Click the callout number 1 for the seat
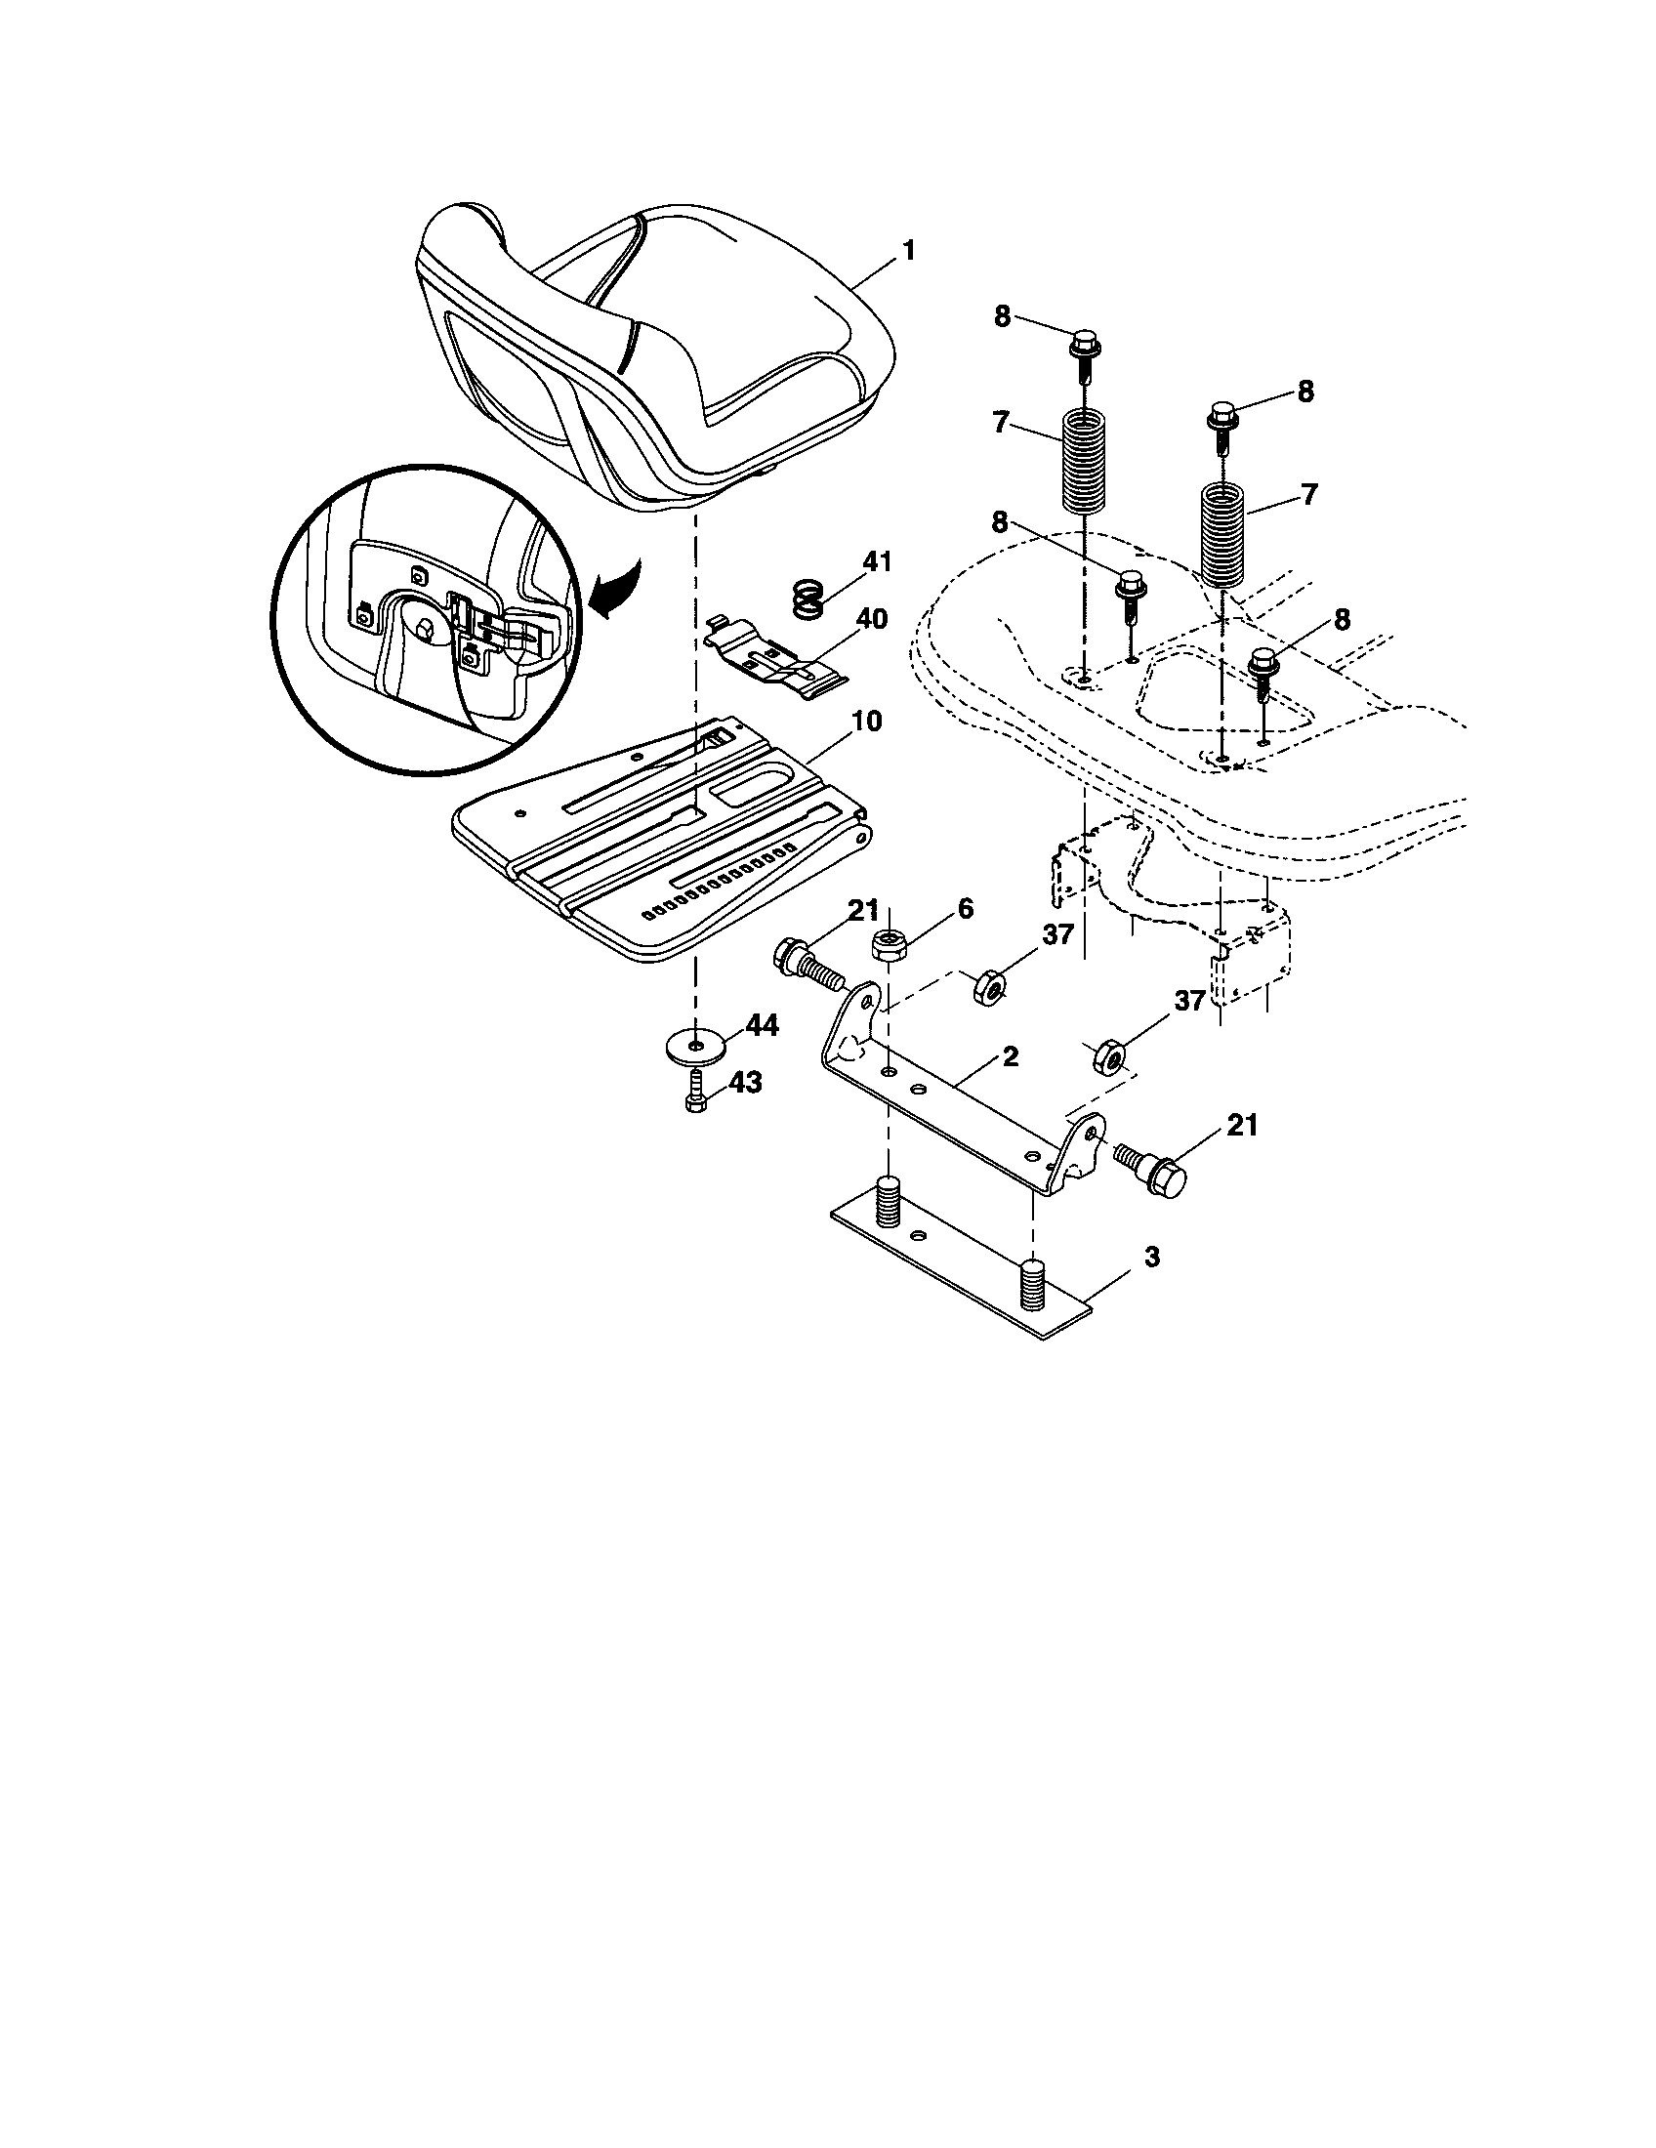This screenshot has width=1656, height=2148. [x=909, y=251]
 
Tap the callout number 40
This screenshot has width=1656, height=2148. [x=871, y=620]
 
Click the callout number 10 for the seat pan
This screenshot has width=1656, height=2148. [x=866, y=721]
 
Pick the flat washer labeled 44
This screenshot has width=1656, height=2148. [x=696, y=1044]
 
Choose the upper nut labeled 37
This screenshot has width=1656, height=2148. [x=986, y=985]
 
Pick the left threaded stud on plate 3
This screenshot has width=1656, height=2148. [x=889, y=1202]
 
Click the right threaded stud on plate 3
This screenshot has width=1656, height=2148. [x=1030, y=1284]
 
